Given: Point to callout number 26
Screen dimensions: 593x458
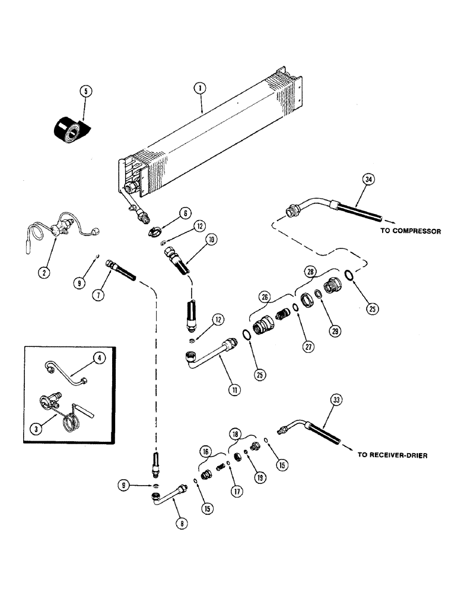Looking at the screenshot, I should pos(264,296).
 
